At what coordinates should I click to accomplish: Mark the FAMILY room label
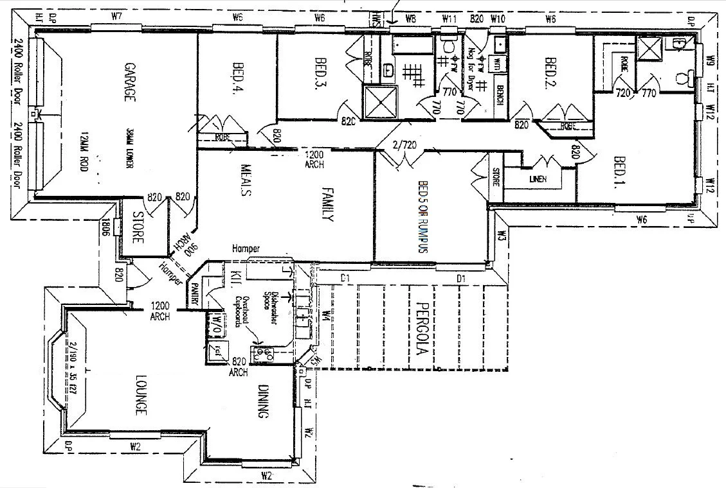click(326, 204)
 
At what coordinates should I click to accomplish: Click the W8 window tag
click(412, 19)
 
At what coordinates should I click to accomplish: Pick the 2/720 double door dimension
click(404, 145)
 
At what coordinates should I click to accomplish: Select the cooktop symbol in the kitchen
click(262, 352)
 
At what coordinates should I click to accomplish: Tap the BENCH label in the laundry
click(499, 95)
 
